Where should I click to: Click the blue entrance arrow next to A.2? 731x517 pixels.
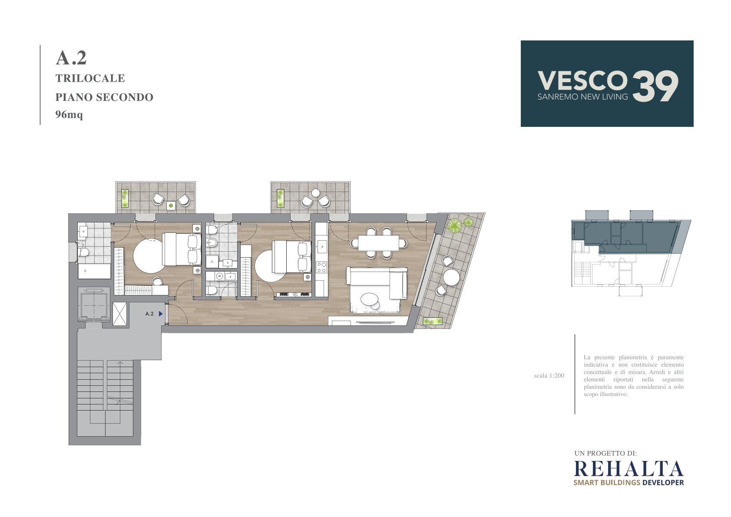(161, 314)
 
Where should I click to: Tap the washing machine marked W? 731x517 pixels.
(219, 276)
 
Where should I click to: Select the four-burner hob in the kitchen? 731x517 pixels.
(321, 267)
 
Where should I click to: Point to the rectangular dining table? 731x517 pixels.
(379, 243)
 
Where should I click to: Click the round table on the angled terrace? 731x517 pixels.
(451, 277)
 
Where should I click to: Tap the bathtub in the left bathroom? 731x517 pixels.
(94, 271)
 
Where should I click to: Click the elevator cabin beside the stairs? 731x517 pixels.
(94, 305)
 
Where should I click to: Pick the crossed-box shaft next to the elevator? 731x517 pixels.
(119, 314)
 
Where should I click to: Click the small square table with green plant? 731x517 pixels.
(171, 205)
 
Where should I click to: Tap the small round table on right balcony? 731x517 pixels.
(316, 193)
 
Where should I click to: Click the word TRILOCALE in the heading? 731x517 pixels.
(90, 78)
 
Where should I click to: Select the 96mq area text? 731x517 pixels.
(69, 115)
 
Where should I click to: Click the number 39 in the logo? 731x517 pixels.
(655, 86)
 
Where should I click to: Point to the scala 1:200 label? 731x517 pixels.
(549, 376)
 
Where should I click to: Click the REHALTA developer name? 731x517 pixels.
(628, 469)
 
